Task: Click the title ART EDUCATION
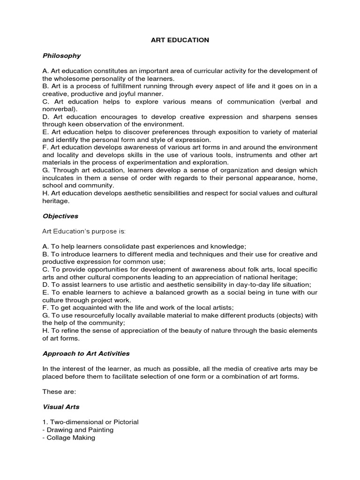tap(180, 40)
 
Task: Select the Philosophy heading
tap(61, 55)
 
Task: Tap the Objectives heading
tap(60, 216)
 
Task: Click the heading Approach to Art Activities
tap(86, 353)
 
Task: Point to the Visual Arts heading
tap(61, 407)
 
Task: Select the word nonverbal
tap(59, 109)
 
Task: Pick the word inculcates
tap(59, 178)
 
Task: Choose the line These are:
tap(58, 391)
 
